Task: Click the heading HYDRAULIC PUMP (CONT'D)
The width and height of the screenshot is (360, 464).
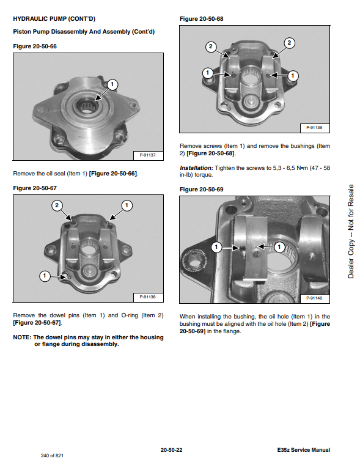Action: click(x=54, y=19)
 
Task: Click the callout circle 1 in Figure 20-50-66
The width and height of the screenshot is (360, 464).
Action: click(x=112, y=84)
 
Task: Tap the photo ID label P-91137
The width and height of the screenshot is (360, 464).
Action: click(x=148, y=155)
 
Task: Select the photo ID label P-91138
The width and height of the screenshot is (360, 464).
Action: click(x=148, y=297)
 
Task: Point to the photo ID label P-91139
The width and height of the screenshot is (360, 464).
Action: click(x=314, y=128)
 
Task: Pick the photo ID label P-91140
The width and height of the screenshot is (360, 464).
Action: click(x=314, y=298)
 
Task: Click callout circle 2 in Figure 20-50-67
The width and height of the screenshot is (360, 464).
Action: click(x=57, y=205)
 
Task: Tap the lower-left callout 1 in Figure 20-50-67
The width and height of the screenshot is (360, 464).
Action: click(x=45, y=276)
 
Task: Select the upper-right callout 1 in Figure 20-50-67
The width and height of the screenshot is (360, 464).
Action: click(x=127, y=205)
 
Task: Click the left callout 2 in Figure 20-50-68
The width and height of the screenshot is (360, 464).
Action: click(x=211, y=46)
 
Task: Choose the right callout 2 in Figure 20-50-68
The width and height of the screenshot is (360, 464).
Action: click(x=289, y=43)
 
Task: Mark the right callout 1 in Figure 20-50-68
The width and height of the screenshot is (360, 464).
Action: click(x=293, y=76)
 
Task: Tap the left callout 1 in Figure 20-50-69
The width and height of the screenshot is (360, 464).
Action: click(x=216, y=247)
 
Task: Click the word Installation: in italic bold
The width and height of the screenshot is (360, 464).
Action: click(x=196, y=168)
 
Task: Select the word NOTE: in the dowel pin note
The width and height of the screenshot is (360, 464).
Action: click(x=22, y=337)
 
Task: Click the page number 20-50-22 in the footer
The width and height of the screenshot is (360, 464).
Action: click(x=172, y=450)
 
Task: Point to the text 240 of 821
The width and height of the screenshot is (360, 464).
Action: click(x=52, y=455)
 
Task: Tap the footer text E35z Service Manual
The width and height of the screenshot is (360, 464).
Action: click(x=304, y=450)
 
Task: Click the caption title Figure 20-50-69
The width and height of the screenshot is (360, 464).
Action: click(x=202, y=190)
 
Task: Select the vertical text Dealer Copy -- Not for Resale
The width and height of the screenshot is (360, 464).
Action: click(x=351, y=232)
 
